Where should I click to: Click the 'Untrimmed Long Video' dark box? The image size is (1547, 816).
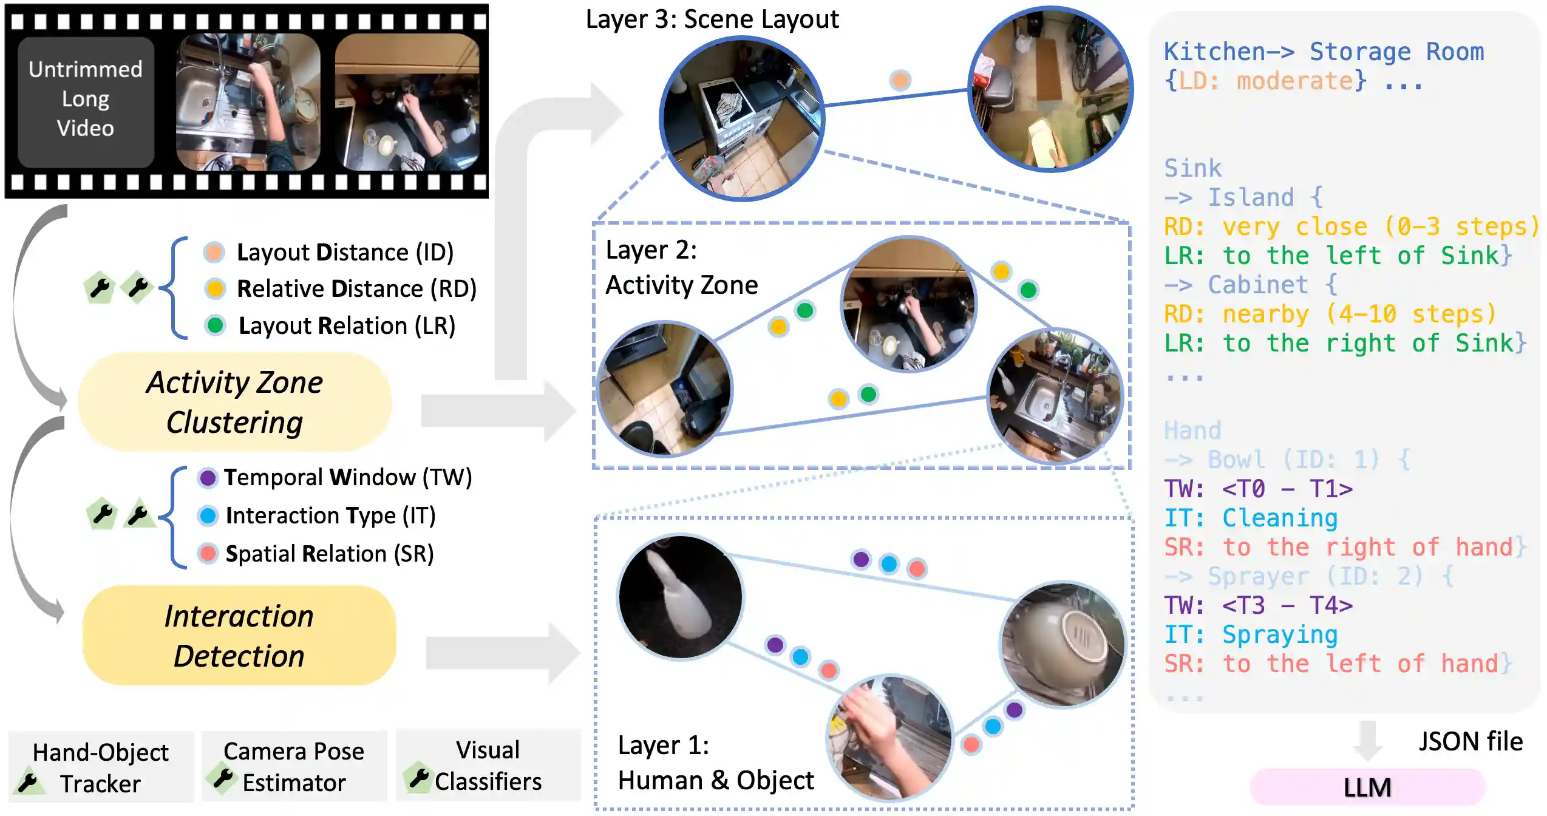pyautogui.click(x=86, y=100)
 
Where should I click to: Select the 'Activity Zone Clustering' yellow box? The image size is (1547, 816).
pyautogui.click(x=235, y=402)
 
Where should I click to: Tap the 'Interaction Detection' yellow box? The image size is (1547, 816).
pyautogui.click(x=239, y=636)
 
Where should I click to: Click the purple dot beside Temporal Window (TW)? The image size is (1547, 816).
pyautogui.click(x=208, y=478)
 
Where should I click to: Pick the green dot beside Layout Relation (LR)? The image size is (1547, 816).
pyautogui.click(x=215, y=325)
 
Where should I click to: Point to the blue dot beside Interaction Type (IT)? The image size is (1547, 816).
pyautogui.click(x=208, y=515)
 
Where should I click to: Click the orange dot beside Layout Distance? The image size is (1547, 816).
pyautogui.click(x=214, y=252)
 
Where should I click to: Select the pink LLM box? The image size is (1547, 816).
pyautogui.click(x=1367, y=787)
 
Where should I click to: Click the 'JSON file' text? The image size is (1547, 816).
pyautogui.click(x=1470, y=742)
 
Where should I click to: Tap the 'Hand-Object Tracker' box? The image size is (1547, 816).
pyautogui.click(x=100, y=767)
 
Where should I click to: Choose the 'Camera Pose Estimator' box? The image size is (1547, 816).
pyautogui.click(x=294, y=766)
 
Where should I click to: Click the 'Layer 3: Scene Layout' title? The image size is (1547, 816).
pyautogui.click(x=712, y=19)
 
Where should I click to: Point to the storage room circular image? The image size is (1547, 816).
pyautogui.click(x=1050, y=90)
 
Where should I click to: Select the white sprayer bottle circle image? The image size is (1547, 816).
pyautogui.click(x=680, y=597)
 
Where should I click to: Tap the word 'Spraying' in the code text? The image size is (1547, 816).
pyautogui.click(x=1279, y=634)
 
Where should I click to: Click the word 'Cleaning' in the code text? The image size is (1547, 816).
pyautogui.click(x=1279, y=518)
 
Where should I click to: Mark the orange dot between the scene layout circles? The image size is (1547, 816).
pyautogui.click(x=900, y=80)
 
